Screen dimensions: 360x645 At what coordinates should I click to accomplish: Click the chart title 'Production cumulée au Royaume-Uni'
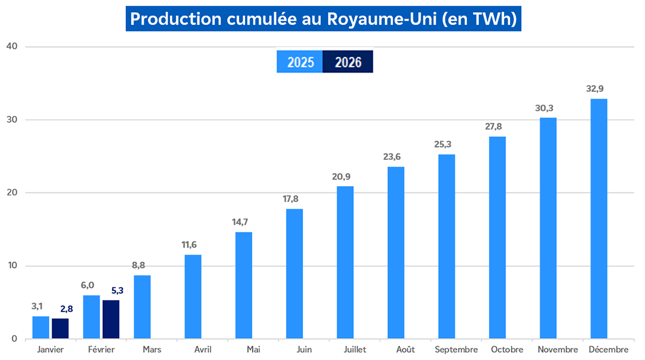tap(323, 19)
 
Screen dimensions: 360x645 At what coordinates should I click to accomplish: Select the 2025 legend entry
tap(300, 62)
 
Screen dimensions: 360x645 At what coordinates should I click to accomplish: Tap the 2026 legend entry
tap(348, 62)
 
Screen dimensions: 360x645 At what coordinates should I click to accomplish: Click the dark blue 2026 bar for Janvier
tap(60, 329)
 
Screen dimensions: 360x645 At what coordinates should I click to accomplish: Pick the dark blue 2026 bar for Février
tap(111, 319)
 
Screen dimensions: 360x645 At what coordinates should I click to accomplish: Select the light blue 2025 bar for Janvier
tap(41, 327)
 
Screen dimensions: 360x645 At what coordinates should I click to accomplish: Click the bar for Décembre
tap(598, 218)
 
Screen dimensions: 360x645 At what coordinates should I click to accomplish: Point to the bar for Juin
tap(294, 273)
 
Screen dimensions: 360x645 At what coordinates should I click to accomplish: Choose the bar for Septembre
tap(447, 246)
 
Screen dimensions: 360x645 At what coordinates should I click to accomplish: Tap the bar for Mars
tap(142, 307)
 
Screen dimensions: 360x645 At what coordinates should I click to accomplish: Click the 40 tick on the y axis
tap(11, 47)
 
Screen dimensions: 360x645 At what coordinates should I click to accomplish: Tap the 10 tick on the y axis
tap(11, 266)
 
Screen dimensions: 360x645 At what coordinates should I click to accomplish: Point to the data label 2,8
tap(67, 309)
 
